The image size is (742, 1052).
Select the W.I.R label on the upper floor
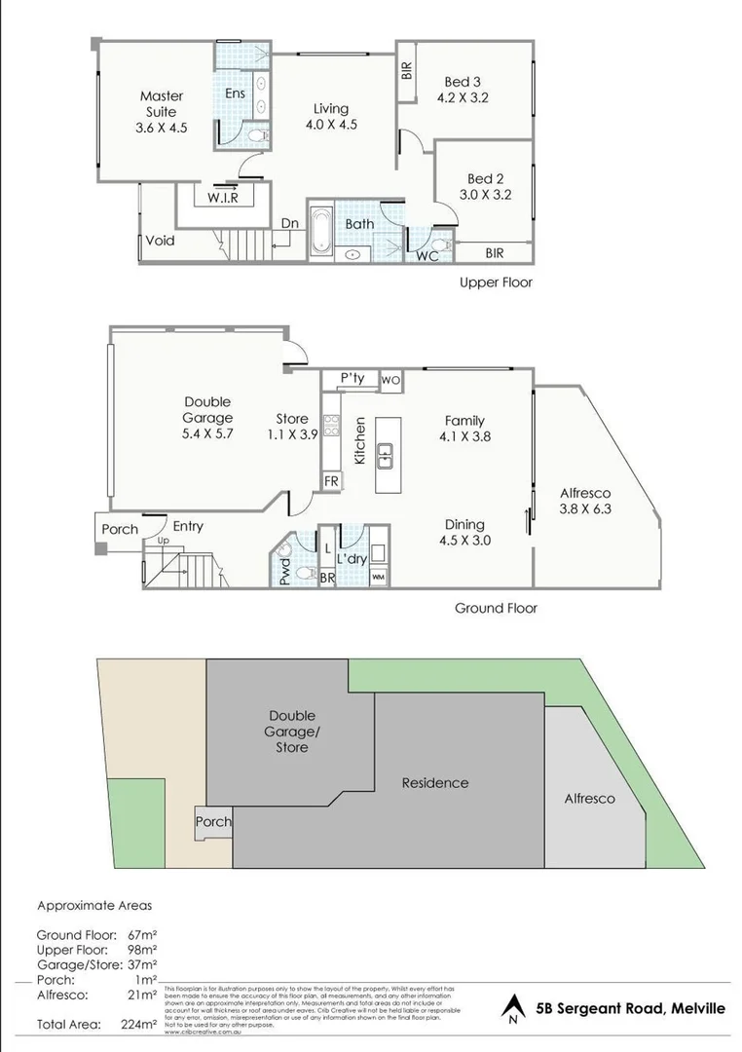pyautogui.click(x=223, y=197)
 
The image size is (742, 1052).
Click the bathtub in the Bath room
pyautogui.click(x=322, y=232)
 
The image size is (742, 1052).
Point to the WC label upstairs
pyautogui.click(x=426, y=256)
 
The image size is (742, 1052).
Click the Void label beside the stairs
pyautogui.click(x=160, y=240)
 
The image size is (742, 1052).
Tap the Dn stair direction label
pyautogui.click(x=290, y=222)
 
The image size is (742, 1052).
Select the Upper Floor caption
pyautogui.click(x=496, y=282)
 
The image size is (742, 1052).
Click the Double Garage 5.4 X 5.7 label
pyautogui.click(x=208, y=419)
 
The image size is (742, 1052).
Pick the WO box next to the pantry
pyautogui.click(x=390, y=379)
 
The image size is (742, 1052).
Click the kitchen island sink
pyautogui.click(x=386, y=452)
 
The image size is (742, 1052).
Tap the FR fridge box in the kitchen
pyautogui.click(x=331, y=481)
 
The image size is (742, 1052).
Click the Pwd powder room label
pyautogui.click(x=283, y=568)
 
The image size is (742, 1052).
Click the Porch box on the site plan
pyautogui.click(x=213, y=821)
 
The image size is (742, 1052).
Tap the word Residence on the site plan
pyautogui.click(x=435, y=782)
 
